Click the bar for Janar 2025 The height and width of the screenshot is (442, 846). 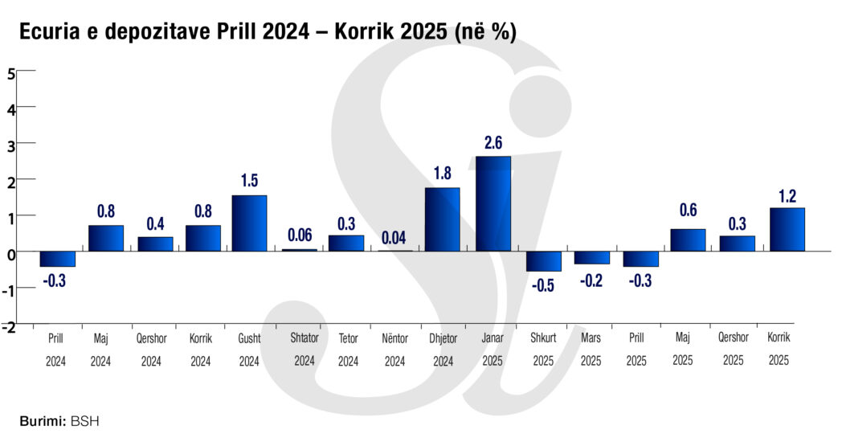click(493, 203)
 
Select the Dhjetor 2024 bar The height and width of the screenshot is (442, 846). click(443, 219)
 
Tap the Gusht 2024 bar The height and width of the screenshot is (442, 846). click(249, 223)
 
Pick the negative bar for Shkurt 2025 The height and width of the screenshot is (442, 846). click(543, 261)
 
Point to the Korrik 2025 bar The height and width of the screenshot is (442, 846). click(787, 229)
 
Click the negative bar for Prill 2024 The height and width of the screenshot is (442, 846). click(58, 259)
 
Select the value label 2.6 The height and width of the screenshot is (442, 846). click(493, 143)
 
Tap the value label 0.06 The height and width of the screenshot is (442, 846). click(299, 235)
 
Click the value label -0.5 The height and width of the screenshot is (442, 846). click(544, 285)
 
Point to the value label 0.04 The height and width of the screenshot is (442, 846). click(394, 237)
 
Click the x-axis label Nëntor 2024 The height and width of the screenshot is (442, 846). click(394, 350)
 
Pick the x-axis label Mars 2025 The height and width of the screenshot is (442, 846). click(591, 350)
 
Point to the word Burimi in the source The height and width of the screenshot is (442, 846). click(42, 420)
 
